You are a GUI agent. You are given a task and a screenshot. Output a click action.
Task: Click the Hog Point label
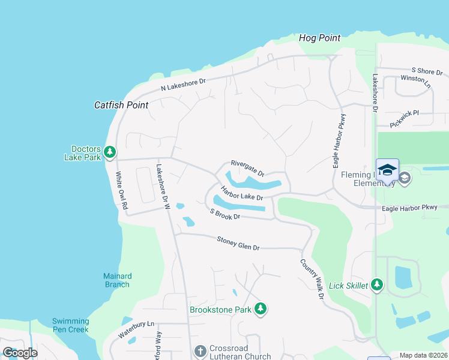(x=319, y=38)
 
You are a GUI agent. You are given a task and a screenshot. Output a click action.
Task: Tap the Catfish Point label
(x=121, y=104)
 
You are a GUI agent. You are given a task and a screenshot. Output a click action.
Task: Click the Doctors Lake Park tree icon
(x=109, y=152)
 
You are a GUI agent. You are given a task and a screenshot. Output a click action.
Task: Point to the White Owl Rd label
(x=122, y=190)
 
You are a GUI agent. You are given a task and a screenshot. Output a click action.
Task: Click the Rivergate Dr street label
(x=247, y=168)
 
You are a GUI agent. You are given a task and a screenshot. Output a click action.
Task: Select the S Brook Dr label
(x=225, y=214)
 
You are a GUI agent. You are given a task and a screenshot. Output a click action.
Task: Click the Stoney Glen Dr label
(x=238, y=244)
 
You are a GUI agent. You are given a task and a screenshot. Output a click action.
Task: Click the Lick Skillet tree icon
(x=377, y=285)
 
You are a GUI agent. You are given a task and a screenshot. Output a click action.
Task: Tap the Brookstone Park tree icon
(x=261, y=309)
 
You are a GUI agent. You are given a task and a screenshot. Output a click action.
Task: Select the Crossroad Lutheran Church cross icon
(x=201, y=350)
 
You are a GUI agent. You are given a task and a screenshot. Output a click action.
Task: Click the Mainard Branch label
(x=117, y=280)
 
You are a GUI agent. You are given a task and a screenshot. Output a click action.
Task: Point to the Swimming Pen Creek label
(x=70, y=325)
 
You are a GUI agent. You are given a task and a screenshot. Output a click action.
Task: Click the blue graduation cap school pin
(x=387, y=170)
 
